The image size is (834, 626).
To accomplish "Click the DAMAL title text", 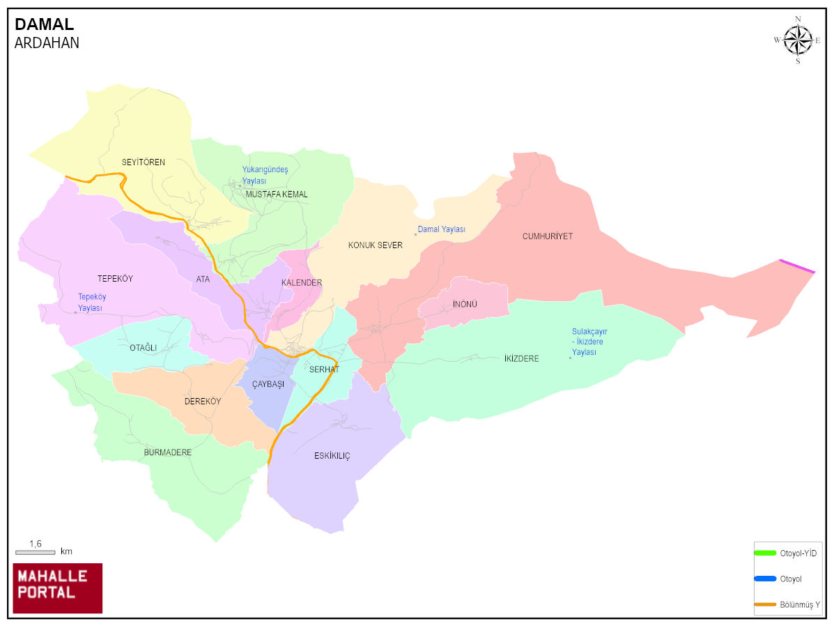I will [44, 25].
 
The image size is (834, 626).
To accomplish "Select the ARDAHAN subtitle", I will [47, 43].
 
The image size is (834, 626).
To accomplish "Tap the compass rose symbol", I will [798, 40].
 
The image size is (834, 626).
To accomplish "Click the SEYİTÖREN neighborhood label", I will [144, 162].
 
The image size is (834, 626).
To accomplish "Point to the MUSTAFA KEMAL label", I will [277, 194].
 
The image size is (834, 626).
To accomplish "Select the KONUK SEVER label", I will [376, 245].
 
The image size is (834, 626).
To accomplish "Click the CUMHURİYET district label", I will [548, 236].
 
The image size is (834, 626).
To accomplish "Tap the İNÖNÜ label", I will [465, 305].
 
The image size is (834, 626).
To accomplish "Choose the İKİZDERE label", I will [521, 359].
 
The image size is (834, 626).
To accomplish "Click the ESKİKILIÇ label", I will [332, 456].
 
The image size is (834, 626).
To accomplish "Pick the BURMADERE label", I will [168, 452].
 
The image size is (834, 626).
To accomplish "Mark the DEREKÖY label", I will [203, 402].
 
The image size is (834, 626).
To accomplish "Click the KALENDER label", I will [302, 283].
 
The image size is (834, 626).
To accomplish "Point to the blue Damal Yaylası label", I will [441, 229].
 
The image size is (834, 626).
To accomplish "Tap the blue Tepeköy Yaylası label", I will [92, 302].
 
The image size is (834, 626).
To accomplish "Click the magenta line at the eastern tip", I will [796, 266].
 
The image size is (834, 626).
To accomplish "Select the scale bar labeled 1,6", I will [35, 552].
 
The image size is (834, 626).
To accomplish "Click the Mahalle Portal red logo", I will [58, 588].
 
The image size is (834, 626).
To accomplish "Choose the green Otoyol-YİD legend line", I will [765, 553].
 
